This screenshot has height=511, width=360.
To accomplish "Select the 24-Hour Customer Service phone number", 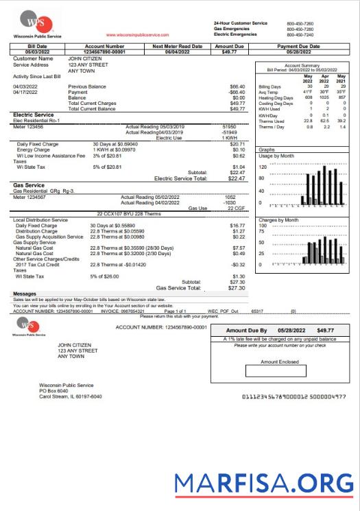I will point(300,23).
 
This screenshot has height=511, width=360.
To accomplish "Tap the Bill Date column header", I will point(36,46).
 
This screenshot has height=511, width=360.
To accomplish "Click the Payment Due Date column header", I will point(298,46).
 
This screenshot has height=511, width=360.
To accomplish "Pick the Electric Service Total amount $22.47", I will point(236,178).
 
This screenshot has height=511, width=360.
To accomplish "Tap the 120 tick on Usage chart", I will point(262,167).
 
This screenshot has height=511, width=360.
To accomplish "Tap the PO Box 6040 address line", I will point(54,391).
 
